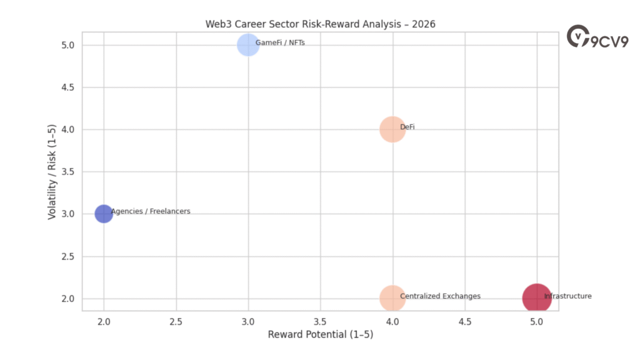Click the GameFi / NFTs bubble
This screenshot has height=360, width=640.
[x=248, y=45]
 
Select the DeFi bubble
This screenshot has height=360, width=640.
[x=392, y=129]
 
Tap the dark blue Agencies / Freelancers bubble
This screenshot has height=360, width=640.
[x=104, y=214]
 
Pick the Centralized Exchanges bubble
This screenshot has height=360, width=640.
[x=392, y=298]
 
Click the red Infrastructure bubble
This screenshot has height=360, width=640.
[x=536, y=298]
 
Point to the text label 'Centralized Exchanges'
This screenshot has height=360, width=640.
[x=440, y=296]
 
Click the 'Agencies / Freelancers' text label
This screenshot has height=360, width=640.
[x=151, y=212]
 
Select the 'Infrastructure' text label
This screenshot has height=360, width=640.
[x=567, y=296]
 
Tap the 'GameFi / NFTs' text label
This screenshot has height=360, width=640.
[x=280, y=43]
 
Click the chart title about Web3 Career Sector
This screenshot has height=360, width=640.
[x=320, y=24]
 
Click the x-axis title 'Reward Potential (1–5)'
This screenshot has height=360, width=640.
[x=320, y=334]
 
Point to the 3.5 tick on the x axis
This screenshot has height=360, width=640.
[x=320, y=321]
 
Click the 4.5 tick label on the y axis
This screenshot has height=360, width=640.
[x=69, y=87]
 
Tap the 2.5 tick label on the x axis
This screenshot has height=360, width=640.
[x=176, y=321]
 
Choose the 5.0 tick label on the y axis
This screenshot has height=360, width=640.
[x=69, y=45]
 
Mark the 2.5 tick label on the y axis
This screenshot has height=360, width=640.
[x=69, y=256]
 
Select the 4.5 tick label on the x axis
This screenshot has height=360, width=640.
[x=464, y=321]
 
